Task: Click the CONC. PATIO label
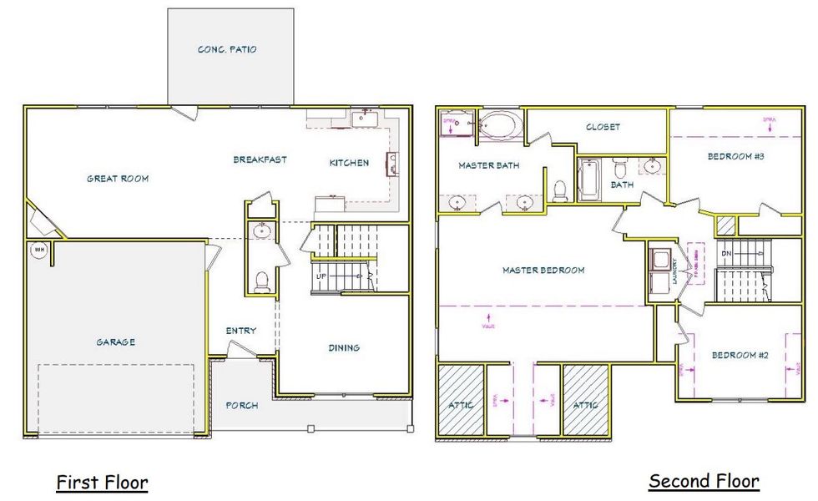click(227, 49)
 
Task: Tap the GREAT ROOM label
click(118, 178)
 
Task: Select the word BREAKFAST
click(260, 159)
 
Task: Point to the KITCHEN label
click(349, 163)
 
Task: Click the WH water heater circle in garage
click(38, 250)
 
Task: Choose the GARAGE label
click(115, 342)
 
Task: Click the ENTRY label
click(241, 331)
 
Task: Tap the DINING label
click(343, 347)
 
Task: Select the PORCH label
click(242, 406)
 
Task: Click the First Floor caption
click(102, 482)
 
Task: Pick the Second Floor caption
click(704, 481)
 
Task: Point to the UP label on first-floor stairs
click(321, 276)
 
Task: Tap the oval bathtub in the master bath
click(499, 126)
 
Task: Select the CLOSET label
click(603, 127)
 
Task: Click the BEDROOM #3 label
click(736, 156)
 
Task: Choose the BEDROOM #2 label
click(739, 356)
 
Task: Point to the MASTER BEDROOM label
click(543, 270)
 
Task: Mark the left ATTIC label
click(461, 405)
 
